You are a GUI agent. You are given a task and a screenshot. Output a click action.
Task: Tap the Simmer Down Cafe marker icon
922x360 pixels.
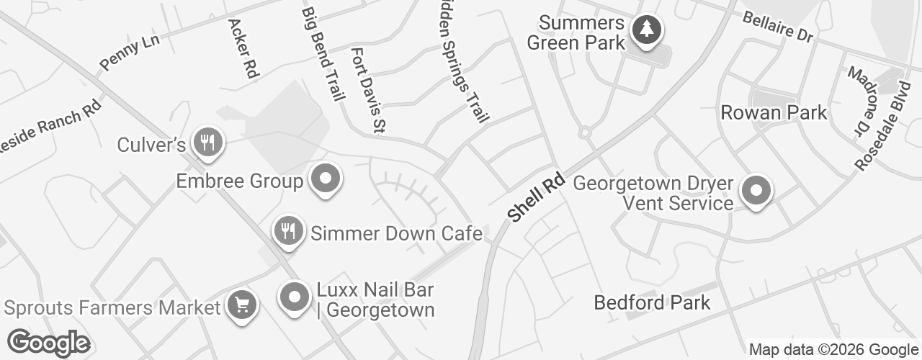pyautogui.click(x=288, y=231)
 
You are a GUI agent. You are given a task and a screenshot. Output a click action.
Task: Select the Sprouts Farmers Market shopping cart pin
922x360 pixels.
pyautogui.click(x=242, y=305)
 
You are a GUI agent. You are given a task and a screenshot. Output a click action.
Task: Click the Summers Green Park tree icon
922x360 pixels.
pyautogui.click(x=646, y=30)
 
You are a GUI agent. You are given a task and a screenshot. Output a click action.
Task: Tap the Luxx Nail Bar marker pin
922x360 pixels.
pyautogui.click(x=294, y=297)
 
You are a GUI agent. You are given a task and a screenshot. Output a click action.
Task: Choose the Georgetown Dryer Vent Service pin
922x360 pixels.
pyautogui.click(x=756, y=191)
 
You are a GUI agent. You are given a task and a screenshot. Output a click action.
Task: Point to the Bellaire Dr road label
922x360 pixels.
pyautogui.click(x=777, y=26)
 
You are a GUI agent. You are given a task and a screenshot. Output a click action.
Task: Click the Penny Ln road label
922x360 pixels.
pyautogui.click(x=130, y=52)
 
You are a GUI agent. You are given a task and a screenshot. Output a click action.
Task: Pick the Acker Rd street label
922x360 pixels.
pyautogui.click(x=243, y=48)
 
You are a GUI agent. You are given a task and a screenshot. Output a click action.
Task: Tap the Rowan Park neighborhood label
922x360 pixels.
pyautogui.click(x=774, y=113)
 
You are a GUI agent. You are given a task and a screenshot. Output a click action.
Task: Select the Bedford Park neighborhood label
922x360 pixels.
pyautogui.click(x=652, y=302)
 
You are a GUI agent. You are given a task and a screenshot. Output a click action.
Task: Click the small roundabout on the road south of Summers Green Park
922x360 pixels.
pyautogui.click(x=584, y=132)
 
